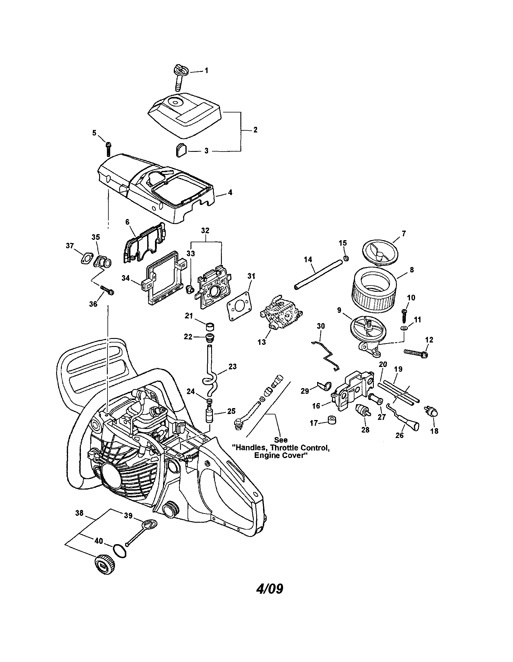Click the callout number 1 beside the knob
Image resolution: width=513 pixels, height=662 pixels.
coord(206,71)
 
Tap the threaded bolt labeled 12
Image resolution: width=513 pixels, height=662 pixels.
coord(417,353)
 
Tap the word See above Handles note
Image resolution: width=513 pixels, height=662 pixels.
coord(281,440)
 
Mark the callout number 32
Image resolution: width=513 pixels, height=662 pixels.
coord(205,230)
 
